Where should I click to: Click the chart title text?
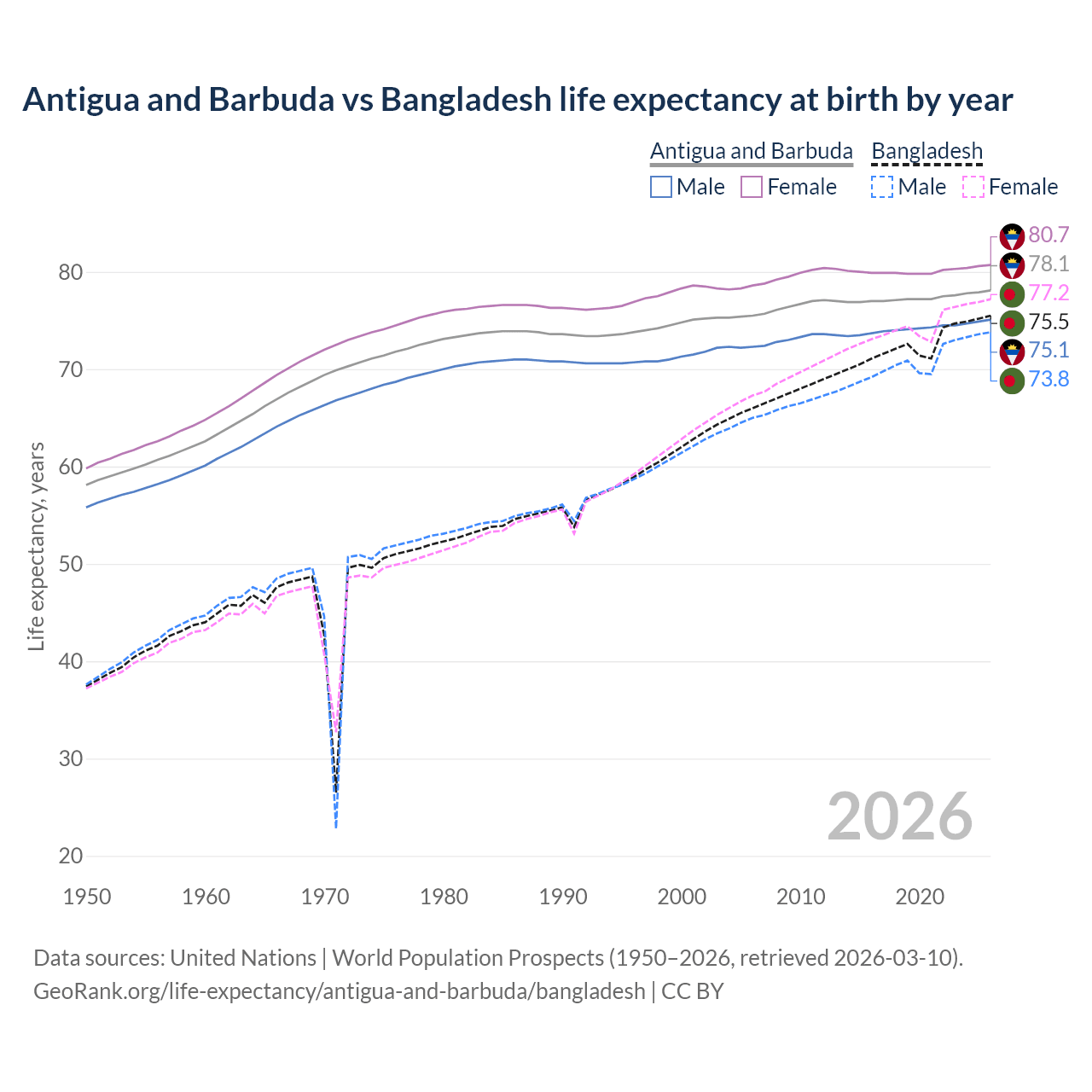tap(517, 100)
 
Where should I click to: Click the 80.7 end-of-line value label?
tap(1048, 235)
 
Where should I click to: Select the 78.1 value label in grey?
tap(1048, 264)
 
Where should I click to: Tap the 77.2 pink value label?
tap(1048, 293)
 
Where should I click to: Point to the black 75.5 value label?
tap(1048, 322)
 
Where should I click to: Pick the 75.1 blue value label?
tap(1048, 350)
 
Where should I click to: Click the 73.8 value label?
tap(1048, 379)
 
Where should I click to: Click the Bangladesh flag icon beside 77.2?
tap(1012, 294)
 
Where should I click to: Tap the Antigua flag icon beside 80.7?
tap(1012, 236)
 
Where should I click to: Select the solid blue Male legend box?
tap(661, 187)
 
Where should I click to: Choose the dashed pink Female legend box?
tap(973, 187)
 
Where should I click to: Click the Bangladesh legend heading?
tap(926, 151)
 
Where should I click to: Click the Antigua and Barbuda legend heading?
tap(751, 151)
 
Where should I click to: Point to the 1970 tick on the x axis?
tap(325, 897)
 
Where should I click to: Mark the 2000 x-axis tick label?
tap(682, 897)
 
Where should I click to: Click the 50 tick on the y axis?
tap(71, 565)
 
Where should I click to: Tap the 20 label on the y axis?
tap(71, 856)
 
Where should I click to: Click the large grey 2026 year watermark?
tap(899, 816)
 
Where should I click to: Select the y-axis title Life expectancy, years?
tap(37, 546)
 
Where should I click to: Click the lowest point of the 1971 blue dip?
tap(336, 826)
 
